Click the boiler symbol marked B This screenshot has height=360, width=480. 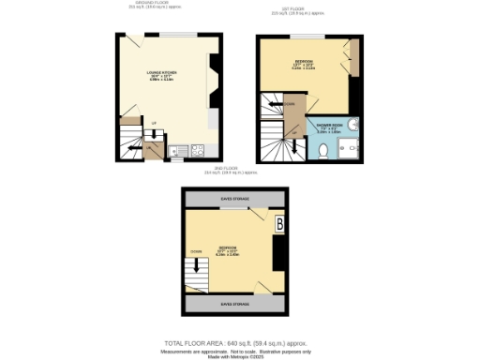tap(279, 224)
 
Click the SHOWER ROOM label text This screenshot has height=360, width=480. tap(330, 125)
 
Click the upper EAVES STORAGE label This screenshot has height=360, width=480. tap(234, 199)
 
